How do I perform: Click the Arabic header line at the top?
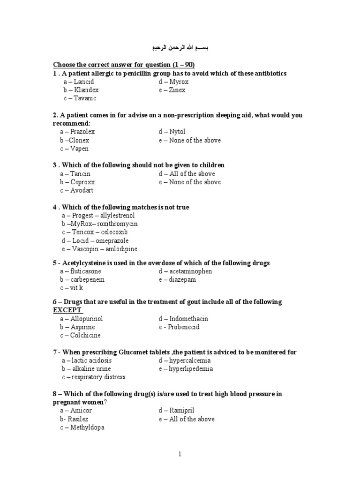tap(180, 49)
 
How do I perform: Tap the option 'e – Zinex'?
tap(172, 90)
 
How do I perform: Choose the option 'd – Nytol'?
tap(172, 132)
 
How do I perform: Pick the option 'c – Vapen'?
tap(74, 149)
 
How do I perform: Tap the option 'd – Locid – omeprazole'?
tap(95, 240)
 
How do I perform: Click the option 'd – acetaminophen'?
tap(185, 271)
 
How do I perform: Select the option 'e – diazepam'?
tap(177, 279)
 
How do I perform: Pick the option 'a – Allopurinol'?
tap(81, 319)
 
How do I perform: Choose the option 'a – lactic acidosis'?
tap(87, 360)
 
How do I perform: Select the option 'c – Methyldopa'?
tap(81, 427)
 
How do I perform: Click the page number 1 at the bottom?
tap(180, 454)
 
